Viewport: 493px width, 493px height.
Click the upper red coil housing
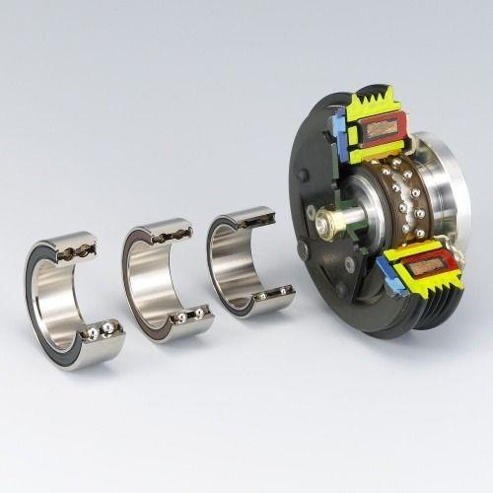pyautogui.click(x=383, y=128)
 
